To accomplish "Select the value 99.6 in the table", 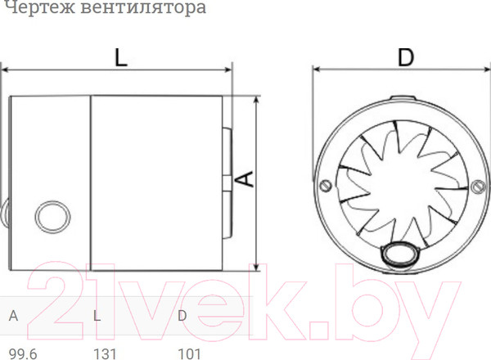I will (x=23, y=353).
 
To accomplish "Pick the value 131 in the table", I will (x=107, y=353).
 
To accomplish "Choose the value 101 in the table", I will (x=190, y=353).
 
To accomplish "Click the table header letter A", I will (x=14, y=315).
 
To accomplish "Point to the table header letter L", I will (x=97, y=315).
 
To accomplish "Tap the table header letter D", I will (x=182, y=315).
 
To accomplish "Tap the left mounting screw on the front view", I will (x=326, y=184).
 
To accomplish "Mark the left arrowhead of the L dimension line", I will (x=4, y=70).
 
